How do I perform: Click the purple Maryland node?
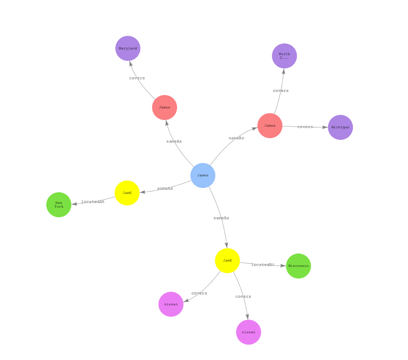(128, 48)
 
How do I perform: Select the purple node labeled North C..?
(284, 56)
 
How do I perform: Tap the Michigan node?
(340, 127)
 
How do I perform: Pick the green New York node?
(59, 205)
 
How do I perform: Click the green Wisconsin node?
(299, 266)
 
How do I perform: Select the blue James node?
(203, 175)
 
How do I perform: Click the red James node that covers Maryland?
(165, 108)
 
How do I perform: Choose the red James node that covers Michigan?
(270, 126)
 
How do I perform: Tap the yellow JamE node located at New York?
(127, 193)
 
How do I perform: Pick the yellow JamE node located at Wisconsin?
(228, 261)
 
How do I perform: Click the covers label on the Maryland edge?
(137, 78)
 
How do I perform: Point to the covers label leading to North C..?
(281, 91)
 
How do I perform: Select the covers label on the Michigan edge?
(305, 127)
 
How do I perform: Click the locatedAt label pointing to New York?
(93, 202)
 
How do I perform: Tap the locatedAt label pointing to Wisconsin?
(263, 265)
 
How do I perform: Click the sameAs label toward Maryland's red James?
(174, 141)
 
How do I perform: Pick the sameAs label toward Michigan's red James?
(236, 138)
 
